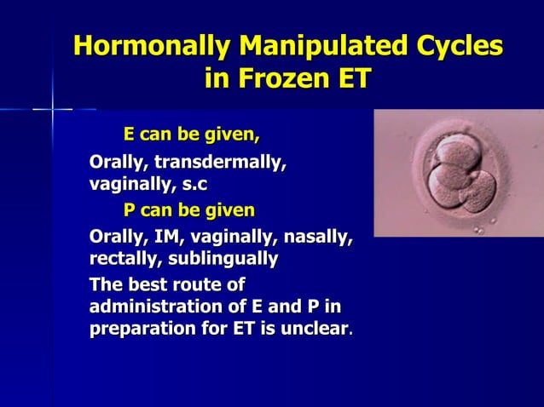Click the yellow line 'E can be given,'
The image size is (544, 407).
(x=191, y=135)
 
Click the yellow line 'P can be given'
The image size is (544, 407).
(x=188, y=209)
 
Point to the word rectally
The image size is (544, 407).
(x=124, y=257)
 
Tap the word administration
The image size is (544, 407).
(x=159, y=306)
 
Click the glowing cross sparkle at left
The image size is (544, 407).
(x=53, y=109)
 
